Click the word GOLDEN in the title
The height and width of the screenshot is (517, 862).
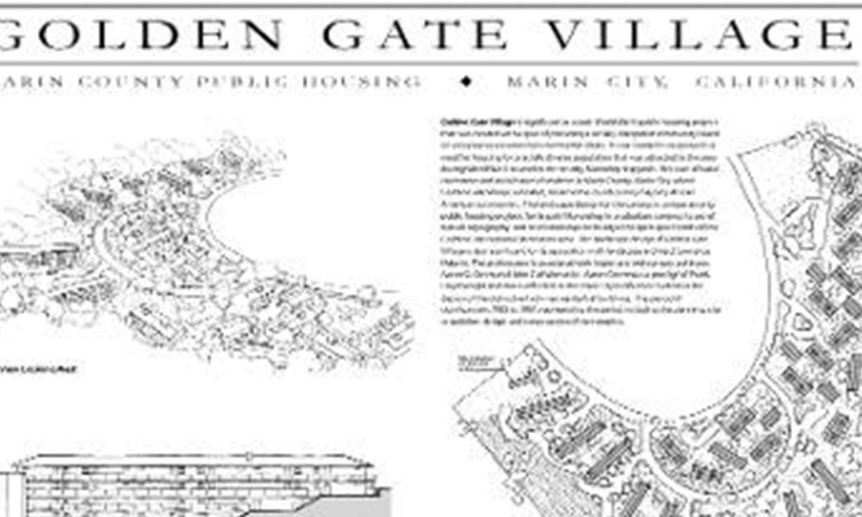click(142, 34)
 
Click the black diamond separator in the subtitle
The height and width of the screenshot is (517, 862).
click(467, 82)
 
